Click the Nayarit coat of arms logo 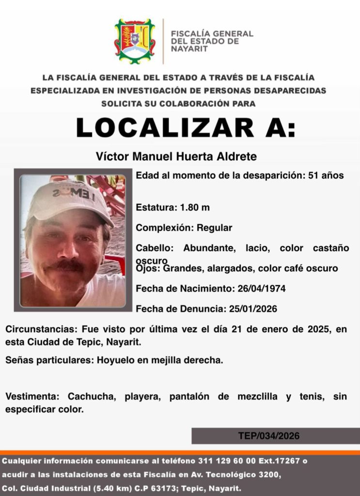tap(135, 41)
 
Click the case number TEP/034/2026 tap(268, 436)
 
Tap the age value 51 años tap(326, 175)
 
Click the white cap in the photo tap(68, 199)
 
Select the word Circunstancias tap(39, 329)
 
